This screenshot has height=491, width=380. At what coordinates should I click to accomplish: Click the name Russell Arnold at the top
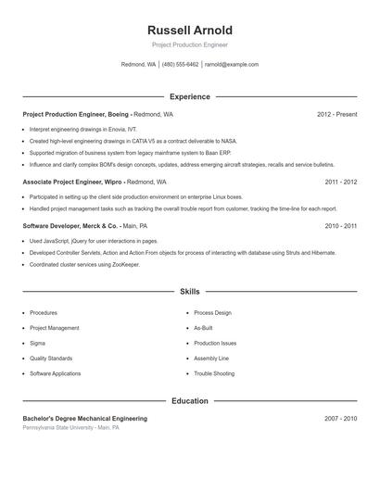point(190,30)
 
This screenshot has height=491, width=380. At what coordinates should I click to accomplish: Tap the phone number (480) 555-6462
point(181,65)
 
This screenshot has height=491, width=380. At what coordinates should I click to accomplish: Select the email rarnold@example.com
point(231,65)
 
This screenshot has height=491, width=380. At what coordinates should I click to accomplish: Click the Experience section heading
point(190,96)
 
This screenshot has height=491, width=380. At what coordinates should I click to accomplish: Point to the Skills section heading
point(190,291)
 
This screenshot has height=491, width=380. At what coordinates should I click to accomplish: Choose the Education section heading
point(190,401)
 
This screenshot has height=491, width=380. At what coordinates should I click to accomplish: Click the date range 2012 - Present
point(336,114)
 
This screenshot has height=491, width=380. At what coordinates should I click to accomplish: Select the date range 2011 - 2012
point(340,183)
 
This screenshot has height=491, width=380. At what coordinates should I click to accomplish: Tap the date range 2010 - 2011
point(340,226)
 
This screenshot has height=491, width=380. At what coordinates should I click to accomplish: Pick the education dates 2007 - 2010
point(340,419)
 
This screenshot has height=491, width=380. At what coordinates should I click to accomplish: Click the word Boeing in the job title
point(119,114)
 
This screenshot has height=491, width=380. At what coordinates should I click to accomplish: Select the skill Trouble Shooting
point(214,373)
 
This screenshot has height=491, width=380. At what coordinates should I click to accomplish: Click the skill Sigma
point(38,343)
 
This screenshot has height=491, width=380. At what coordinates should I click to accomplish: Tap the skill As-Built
point(204,328)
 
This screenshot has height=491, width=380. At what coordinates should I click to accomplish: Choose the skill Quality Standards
point(51,359)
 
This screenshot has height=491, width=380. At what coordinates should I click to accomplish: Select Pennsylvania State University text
point(58,428)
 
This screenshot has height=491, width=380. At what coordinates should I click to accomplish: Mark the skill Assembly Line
point(211,359)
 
